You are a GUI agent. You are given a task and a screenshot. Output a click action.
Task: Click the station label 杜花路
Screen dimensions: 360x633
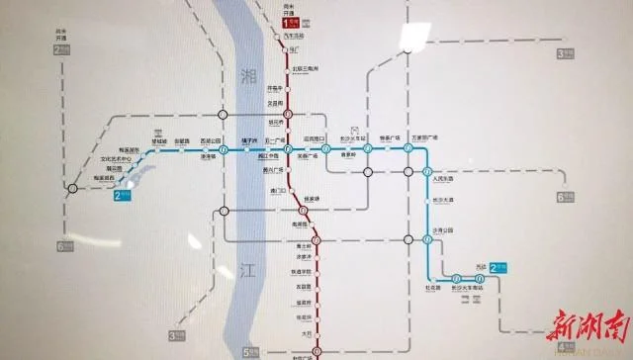click(x=433, y=288)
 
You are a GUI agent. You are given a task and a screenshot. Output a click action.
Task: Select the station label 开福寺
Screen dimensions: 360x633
click(x=289, y=87)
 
